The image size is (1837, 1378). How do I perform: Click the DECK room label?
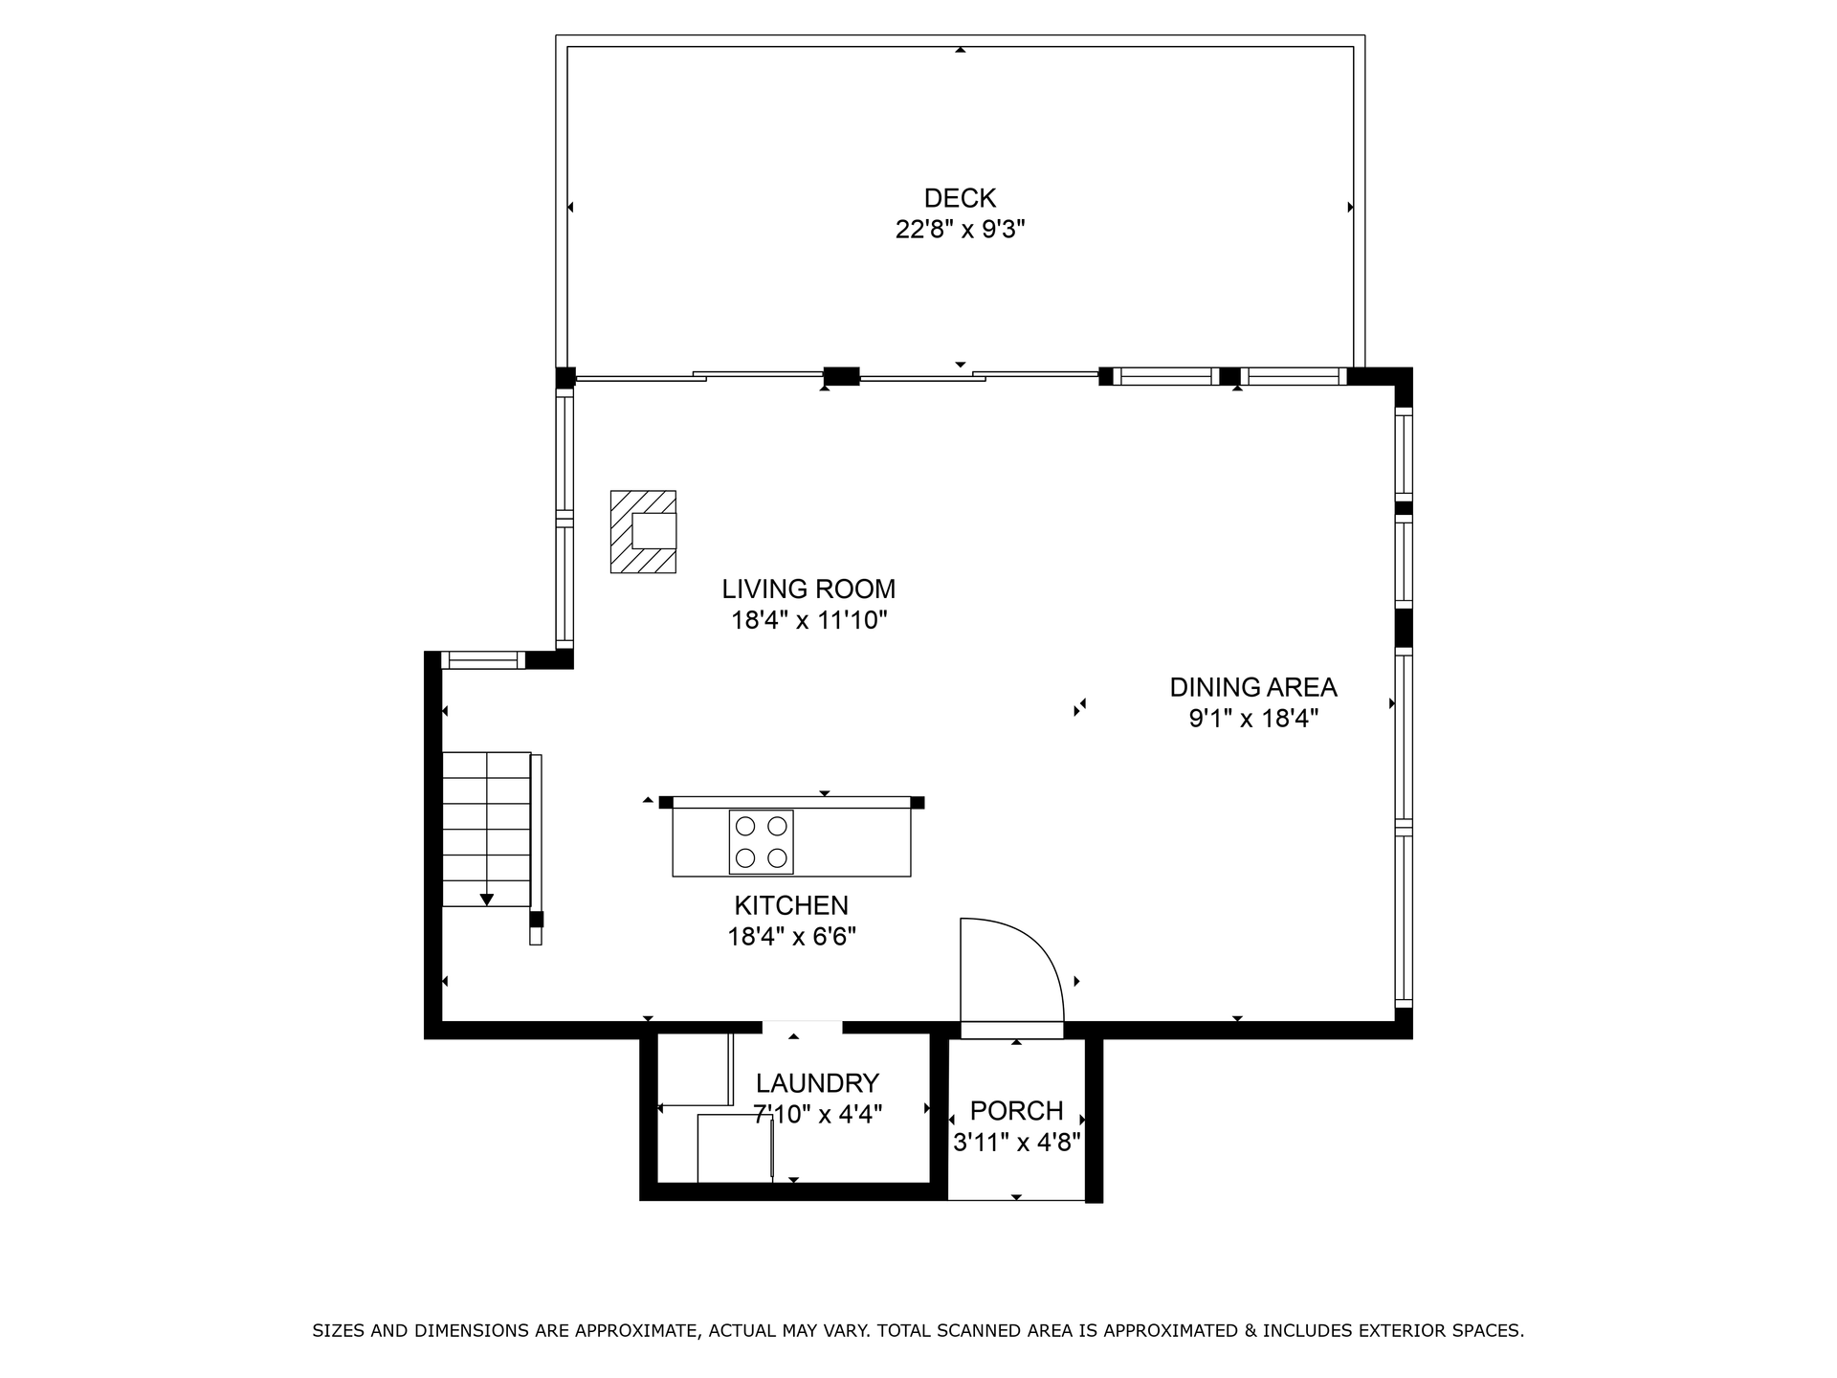point(960,198)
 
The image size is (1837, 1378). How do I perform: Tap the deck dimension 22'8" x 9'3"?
point(960,230)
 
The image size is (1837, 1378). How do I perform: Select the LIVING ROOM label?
point(808,589)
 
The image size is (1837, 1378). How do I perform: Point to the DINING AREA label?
point(1253,687)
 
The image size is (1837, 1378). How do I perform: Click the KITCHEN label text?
point(791,905)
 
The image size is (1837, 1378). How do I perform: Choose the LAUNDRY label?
point(817,1083)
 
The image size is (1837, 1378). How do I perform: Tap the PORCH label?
point(1016,1111)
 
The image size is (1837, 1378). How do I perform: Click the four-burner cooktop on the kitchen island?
point(762,842)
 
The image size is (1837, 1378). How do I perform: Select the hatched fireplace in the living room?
point(643,532)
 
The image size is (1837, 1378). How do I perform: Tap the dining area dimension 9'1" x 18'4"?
point(1253,719)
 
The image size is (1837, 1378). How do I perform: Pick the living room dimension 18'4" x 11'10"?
point(809,620)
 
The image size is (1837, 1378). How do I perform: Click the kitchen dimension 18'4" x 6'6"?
point(791,936)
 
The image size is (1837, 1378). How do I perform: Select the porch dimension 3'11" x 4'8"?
point(1016,1143)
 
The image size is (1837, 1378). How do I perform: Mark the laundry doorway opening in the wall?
point(802,1028)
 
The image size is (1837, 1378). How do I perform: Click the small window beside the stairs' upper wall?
point(483,659)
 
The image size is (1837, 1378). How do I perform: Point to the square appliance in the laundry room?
point(735,1148)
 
